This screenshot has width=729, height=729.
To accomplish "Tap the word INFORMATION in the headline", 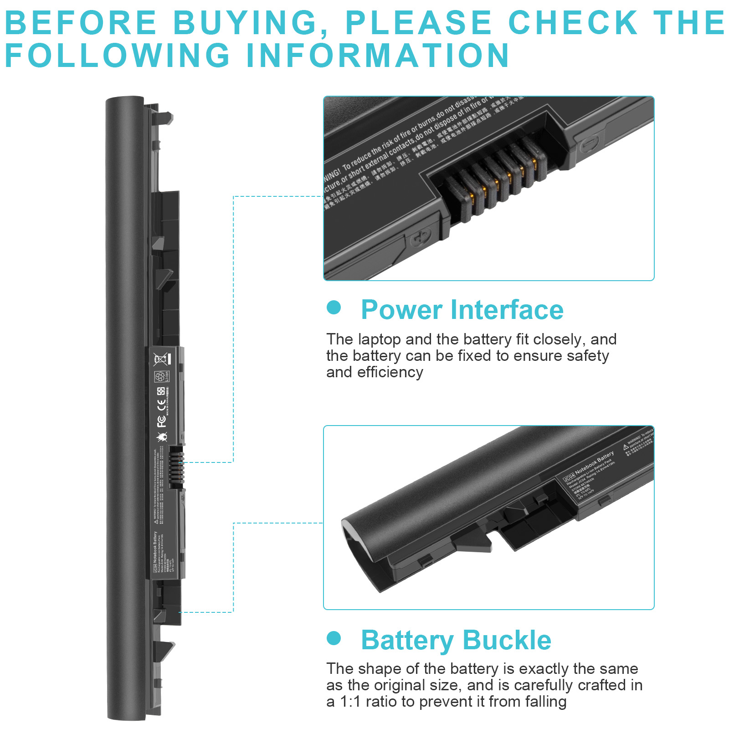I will tap(378, 56).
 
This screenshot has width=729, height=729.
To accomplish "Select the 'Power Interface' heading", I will tap(462, 310).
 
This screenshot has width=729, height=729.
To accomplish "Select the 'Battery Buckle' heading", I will tap(456, 640).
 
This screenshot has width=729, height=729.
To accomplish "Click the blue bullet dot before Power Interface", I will tap(334, 307).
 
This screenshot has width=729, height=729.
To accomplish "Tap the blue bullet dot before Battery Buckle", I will tap(334, 638).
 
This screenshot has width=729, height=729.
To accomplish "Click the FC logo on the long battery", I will tap(161, 421).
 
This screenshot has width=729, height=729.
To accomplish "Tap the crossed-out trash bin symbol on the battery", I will tap(161, 359).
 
